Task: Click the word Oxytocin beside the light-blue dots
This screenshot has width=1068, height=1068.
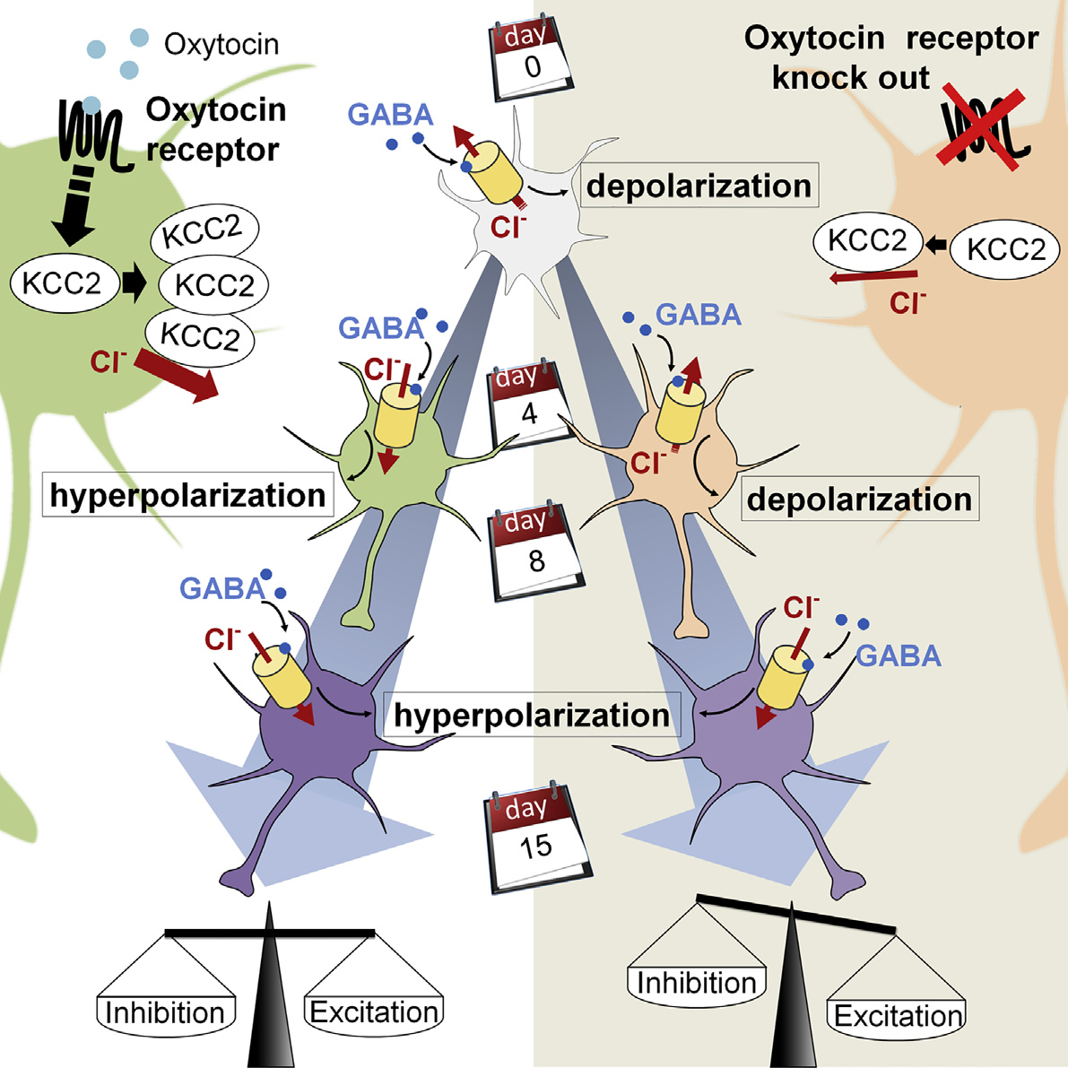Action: click(x=221, y=44)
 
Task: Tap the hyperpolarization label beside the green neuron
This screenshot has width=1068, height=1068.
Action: click(x=187, y=495)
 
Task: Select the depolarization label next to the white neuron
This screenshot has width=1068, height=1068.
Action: click(x=699, y=186)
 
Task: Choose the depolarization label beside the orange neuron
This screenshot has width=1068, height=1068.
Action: click(x=859, y=499)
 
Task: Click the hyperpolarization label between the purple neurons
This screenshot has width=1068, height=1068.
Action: click(x=531, y=715)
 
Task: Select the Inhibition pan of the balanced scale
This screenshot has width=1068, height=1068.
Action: click(x=165, y=1012)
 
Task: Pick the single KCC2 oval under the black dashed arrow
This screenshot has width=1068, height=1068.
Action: click(x=61, y=283)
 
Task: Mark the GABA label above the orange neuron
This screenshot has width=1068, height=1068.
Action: click(x=699, y=315)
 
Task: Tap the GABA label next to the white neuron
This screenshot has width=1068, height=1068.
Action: click(x=390, y=115)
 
